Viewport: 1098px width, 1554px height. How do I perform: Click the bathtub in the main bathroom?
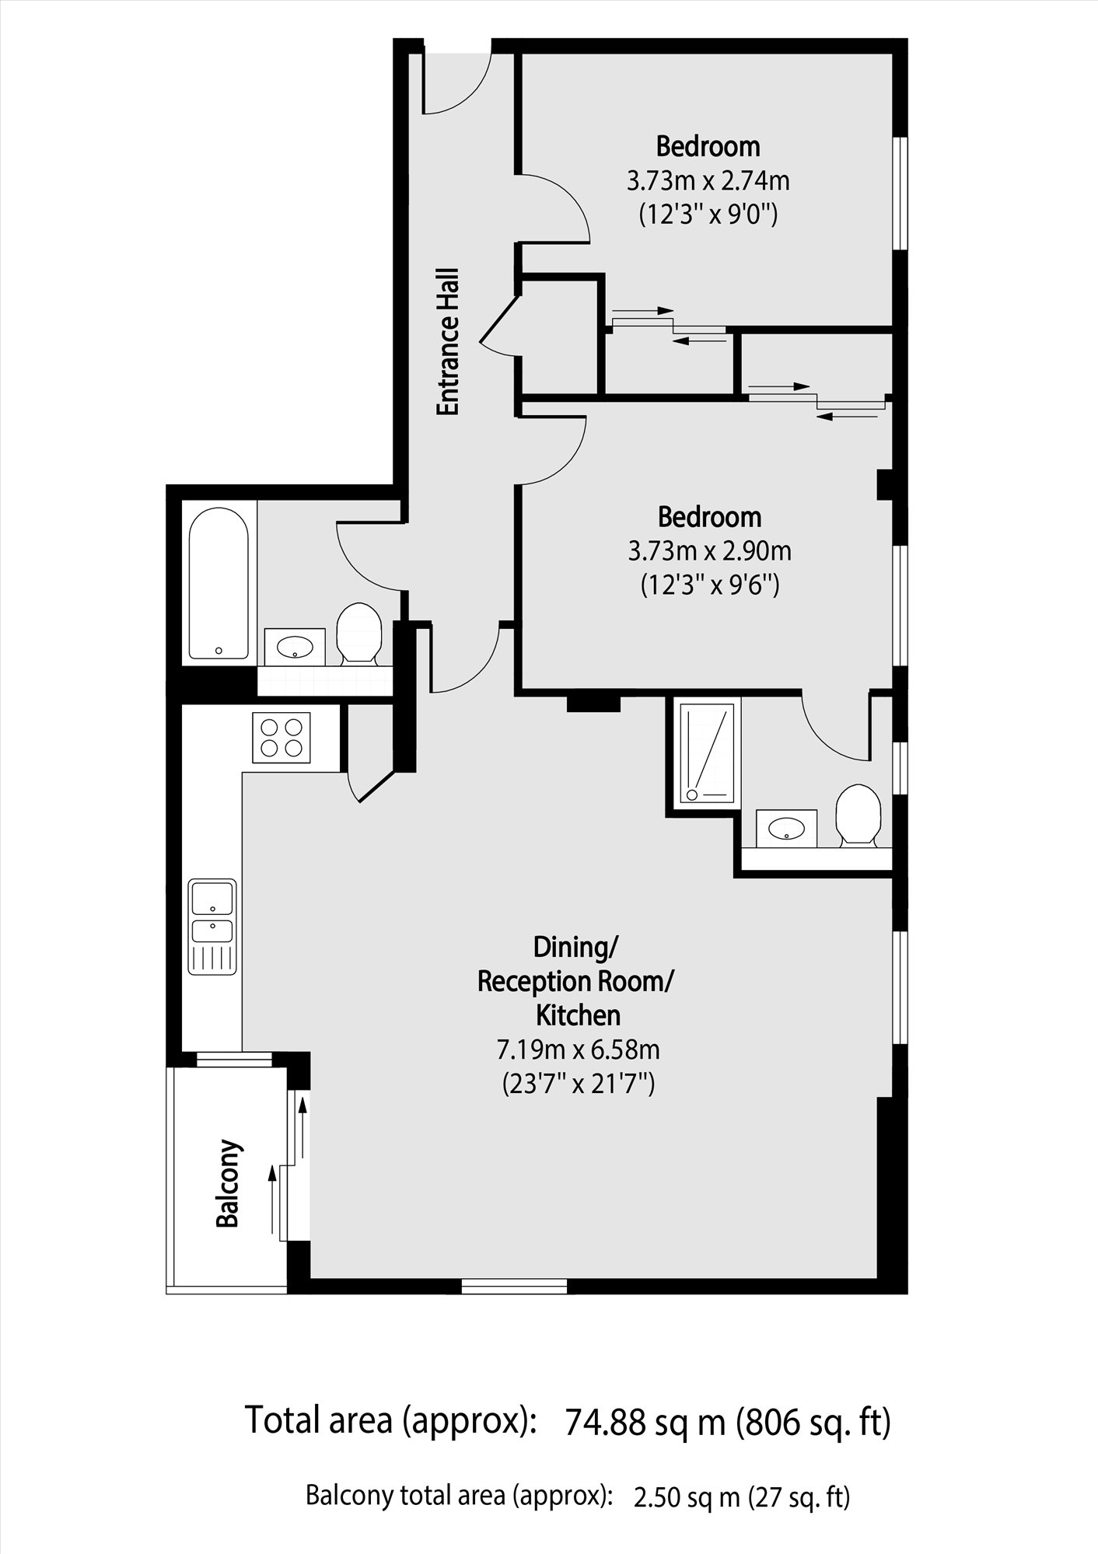pyautogui.click(x=219, y=583)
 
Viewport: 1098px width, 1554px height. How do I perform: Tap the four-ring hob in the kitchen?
pyautogui.click(x=281, y=738)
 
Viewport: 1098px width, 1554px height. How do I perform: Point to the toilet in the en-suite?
pyautogui.click(x=857, y=815)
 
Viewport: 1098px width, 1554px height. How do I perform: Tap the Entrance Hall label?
pyautogui.click(x=448, y=342)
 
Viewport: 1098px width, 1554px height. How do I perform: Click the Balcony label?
pyautogui.click(x=227, y=1184)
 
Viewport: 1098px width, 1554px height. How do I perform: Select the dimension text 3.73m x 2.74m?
pyautogui.click(x=708, y=181)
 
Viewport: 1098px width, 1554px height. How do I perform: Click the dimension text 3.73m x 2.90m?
pyautogui.click(x=709, y=552)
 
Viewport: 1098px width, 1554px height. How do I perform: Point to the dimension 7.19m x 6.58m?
pyautogui.click(x=578, y=1050)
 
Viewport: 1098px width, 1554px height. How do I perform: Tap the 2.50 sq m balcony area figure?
pyautogui.click(x=687, y=1497)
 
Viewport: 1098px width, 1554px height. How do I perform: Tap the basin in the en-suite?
pyautogui.click(x=786, y=828)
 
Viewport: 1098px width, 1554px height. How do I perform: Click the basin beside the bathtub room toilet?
pyautogui.click(x=295, y=646)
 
